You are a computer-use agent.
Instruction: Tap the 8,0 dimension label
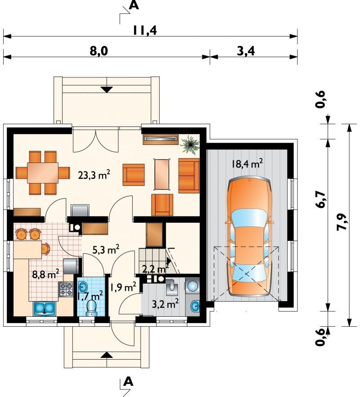coord(99,51)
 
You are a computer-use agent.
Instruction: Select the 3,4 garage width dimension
coord(246,51)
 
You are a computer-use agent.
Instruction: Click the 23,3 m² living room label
coord(94,175)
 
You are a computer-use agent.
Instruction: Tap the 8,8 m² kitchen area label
coord(45,274)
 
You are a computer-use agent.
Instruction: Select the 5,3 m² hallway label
coord(106,250)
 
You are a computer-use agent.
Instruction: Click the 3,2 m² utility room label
coord(165,303)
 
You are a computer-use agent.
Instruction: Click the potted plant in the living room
coord(189,144)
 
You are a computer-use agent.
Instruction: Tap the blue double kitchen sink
coord(44,308)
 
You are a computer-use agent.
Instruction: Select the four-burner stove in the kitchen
coord(66,289)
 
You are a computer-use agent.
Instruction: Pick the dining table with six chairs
coord(43,173)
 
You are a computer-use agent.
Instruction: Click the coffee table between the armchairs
coord(162,174)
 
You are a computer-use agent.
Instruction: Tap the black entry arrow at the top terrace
coord(107,90)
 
